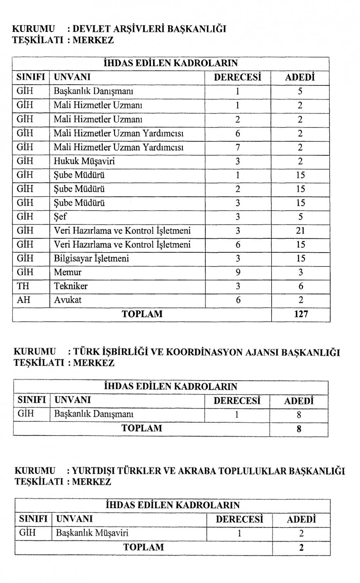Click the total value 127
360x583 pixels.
click(301, 314)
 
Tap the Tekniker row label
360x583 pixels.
click(70, 286)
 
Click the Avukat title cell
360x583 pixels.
click(67, 300)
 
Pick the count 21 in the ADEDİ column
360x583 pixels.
click(300, 231)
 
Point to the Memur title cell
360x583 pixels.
click(67, 272)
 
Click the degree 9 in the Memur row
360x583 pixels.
click(238, 272)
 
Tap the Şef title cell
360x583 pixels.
click(61, 217)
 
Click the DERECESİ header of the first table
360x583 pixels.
click(237, 77)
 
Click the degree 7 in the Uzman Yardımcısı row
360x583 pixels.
click(238, 147)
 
